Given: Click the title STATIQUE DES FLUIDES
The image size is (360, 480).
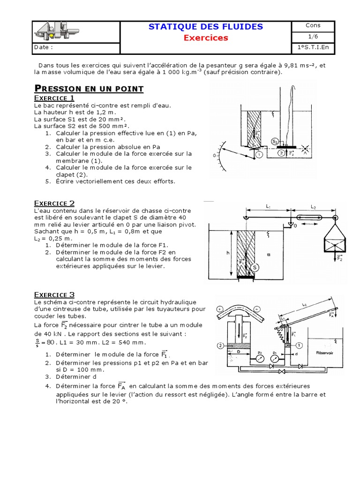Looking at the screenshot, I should pos(205,27).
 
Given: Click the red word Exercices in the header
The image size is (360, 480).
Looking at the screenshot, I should pos(205,37).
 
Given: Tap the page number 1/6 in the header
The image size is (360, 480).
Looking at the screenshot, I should pos(313,37).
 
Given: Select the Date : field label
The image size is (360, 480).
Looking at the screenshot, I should pos(43,47).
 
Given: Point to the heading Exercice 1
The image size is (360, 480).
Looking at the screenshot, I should pos(54,98).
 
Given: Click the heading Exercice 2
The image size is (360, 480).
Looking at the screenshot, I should pos(54,203).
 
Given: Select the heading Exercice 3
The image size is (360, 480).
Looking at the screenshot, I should pos(54,294).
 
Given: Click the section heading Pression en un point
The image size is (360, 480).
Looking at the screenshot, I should pos(89,89).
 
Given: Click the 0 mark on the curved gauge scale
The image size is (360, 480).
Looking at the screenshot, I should pos(214,155).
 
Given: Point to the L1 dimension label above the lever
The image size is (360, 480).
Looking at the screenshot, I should pos(268,206).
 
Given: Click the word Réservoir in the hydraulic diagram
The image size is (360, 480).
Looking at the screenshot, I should pos(324,352).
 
